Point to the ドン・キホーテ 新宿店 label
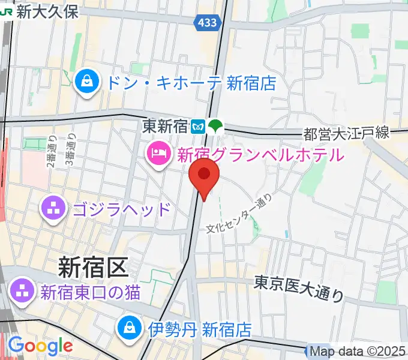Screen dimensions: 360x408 click(x=191, y=82)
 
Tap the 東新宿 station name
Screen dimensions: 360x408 click(x=165, y=126)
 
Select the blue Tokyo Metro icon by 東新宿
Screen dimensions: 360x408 click(x=199, y=126)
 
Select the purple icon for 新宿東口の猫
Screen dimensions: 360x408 click(x=23, y=292)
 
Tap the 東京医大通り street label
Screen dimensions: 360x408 click(x=299, y=287)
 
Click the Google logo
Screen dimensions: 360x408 click(x=40, y=346)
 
